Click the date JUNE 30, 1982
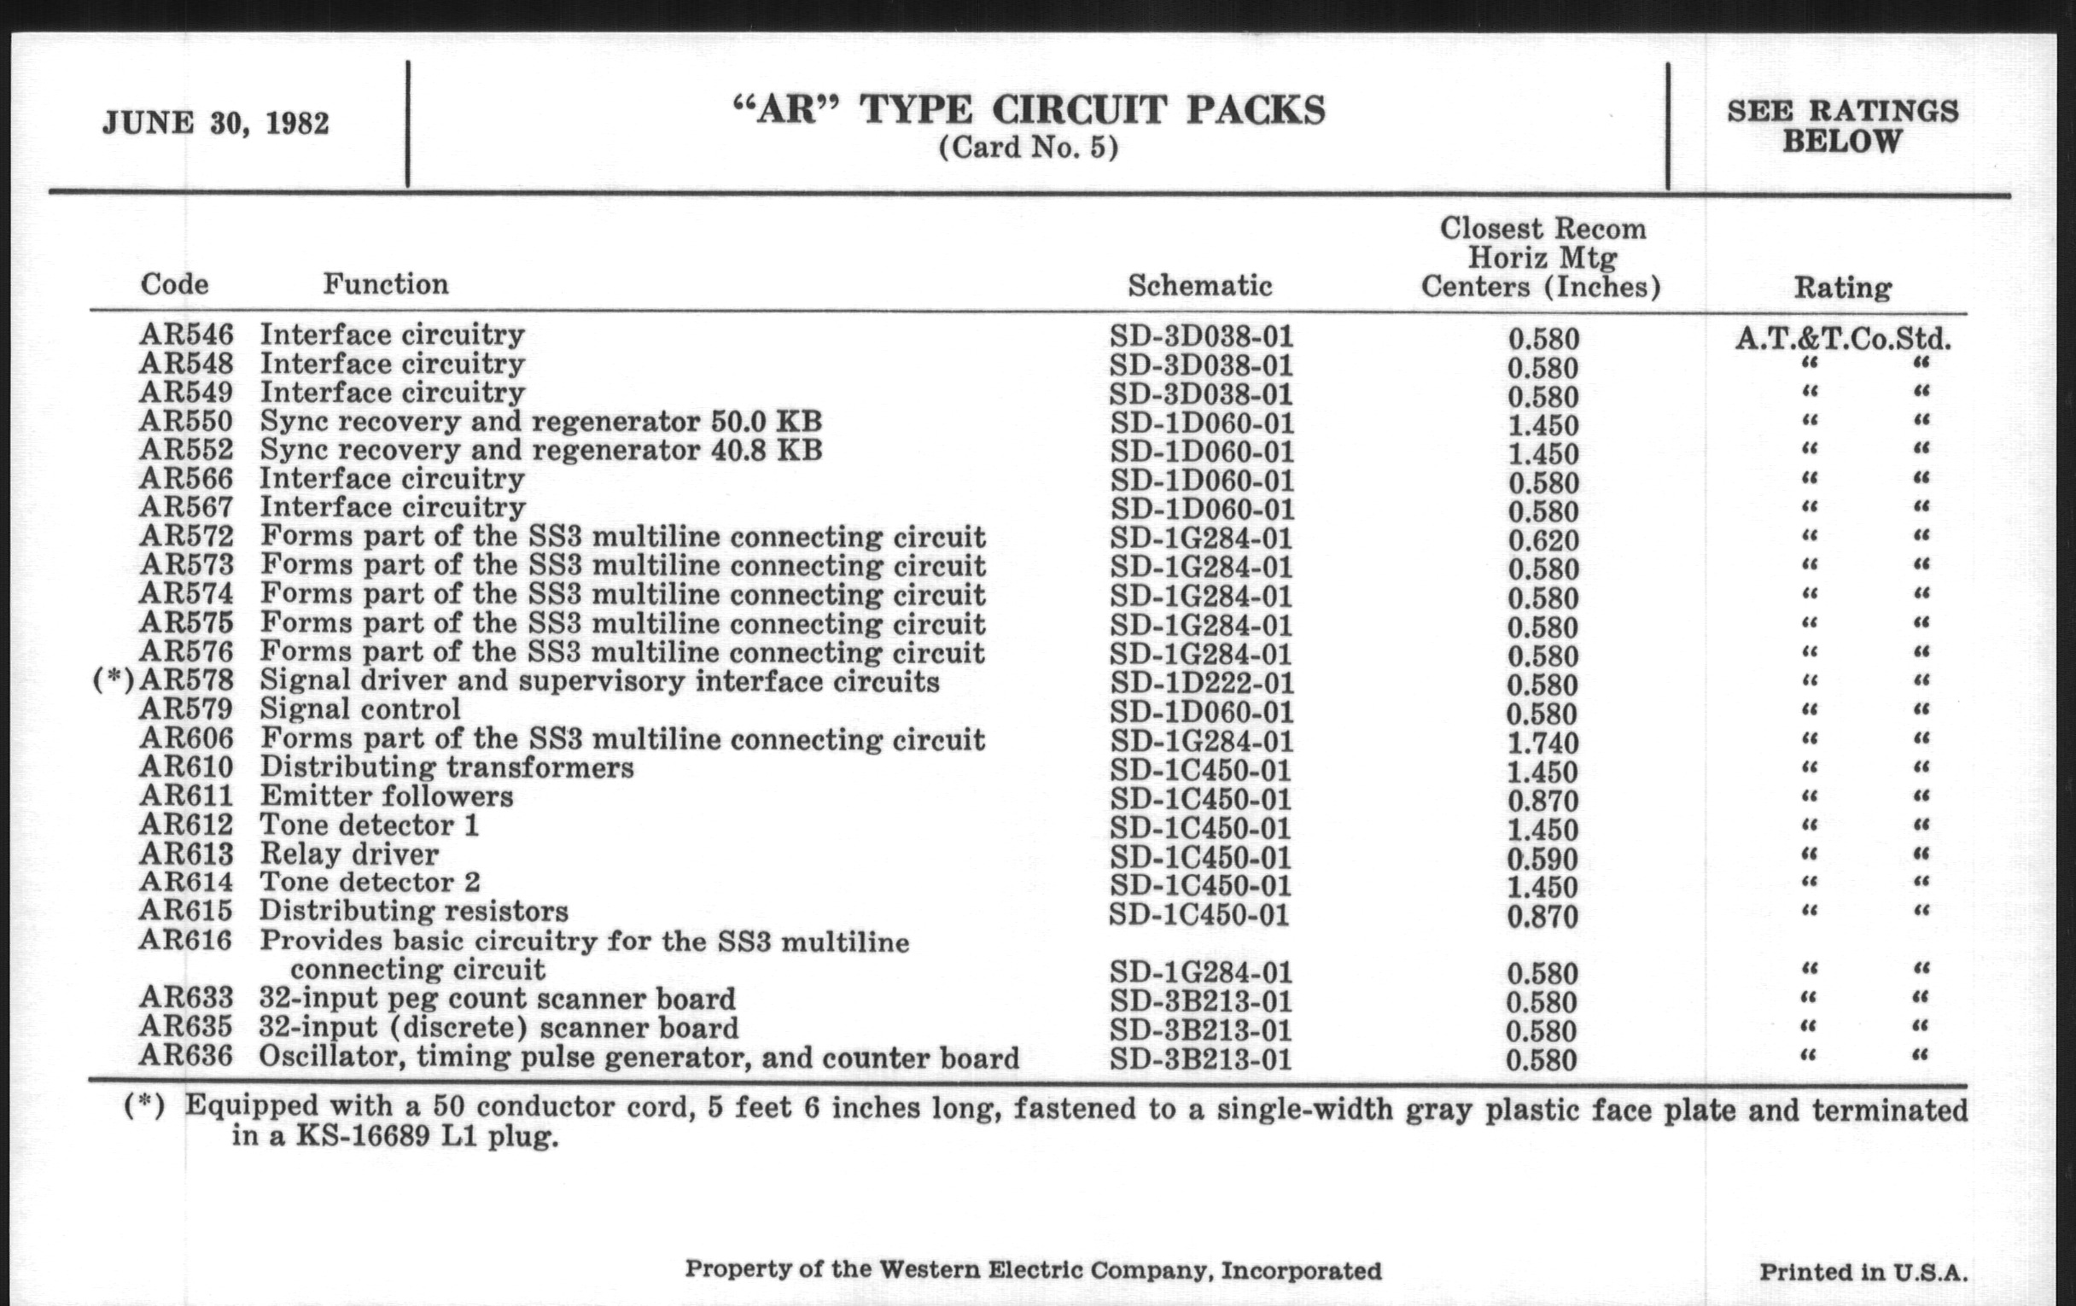tap(215, 123)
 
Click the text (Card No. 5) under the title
tap(1028, 149)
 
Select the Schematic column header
tap(1199, 285)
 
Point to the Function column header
tap(385, 283)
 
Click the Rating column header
tap(1842, 287)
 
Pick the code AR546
tap(186, 335)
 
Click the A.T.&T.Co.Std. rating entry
tap(1842, 338)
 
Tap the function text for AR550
tap(540, 422)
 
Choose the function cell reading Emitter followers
tap(386, 796)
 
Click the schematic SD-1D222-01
tap(1201, 684)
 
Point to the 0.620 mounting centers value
tap(1542, 540)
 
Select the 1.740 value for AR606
tap(1542, 743)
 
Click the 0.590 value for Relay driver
tap(1542, 859)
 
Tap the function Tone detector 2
tap(370, 883)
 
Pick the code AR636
tap(186, 1056)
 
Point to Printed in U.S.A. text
tap(1863, 1273)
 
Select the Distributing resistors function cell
tap(414, 911)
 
